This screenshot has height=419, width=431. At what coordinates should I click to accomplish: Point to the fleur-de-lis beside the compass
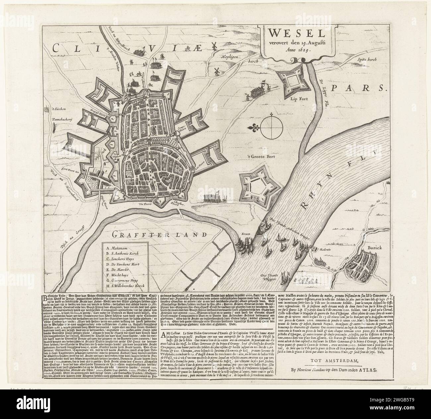pos(254,127)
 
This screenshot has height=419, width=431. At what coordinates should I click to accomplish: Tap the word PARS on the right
pos(364,88)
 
